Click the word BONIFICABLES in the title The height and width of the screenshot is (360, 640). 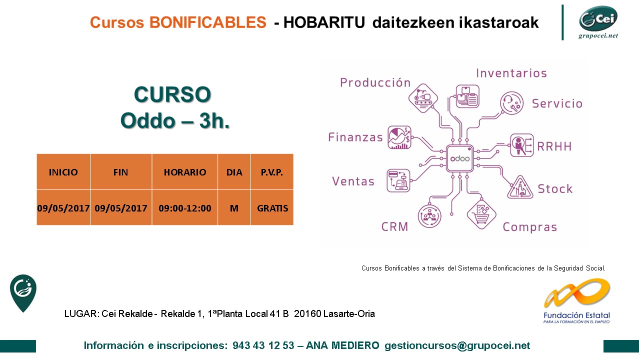(x=207, y=22)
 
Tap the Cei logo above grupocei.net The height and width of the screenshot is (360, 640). (x=598, y=18)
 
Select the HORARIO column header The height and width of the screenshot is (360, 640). (x=185, y=172)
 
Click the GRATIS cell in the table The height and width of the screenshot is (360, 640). (x=272, y=208)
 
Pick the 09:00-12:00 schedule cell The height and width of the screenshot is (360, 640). (x=185, y=208)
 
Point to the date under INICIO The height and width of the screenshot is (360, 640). (x=63, y=208)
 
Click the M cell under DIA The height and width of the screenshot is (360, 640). (x=234, y=208)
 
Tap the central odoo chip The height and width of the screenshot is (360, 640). (x=459, y=158)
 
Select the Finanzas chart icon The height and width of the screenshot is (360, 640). (x=399, y=137)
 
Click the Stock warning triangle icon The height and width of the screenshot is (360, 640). (x=520, y=188)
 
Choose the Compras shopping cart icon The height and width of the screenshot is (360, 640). (x=481, y=214)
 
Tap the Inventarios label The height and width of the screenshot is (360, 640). (x=511, y=73)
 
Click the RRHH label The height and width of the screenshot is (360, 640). (x=554, y=146)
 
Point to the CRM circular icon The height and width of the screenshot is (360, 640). (x=429, y=216)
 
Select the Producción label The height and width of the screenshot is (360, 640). (x=375, y=82)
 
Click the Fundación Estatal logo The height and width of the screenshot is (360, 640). (x=577, y=301)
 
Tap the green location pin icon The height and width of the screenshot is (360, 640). (x=23, y=293)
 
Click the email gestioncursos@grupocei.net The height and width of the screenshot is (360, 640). (x=457, y=345)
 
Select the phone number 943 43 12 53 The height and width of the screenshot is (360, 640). (x=263, y=345)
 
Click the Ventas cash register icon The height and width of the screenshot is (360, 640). (x=398, y=180)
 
